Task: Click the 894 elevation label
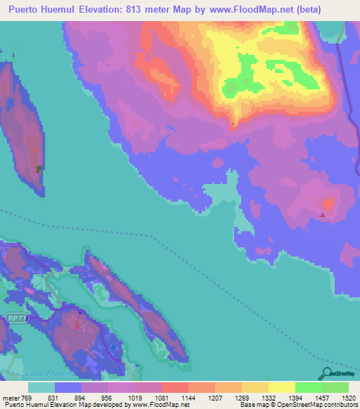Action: pyautogui.click(x=82, y=397)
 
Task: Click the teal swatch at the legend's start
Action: pyautogui.click(x=41, y=387)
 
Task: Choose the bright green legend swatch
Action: pyautogui.click(x=308, y=387)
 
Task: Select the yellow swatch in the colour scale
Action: pyautogui.click(x=281, y=387)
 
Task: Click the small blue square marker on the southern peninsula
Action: pyautogui.click(x=114, y=347)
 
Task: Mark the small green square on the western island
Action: pyautogui.click(x=39, y=168)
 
